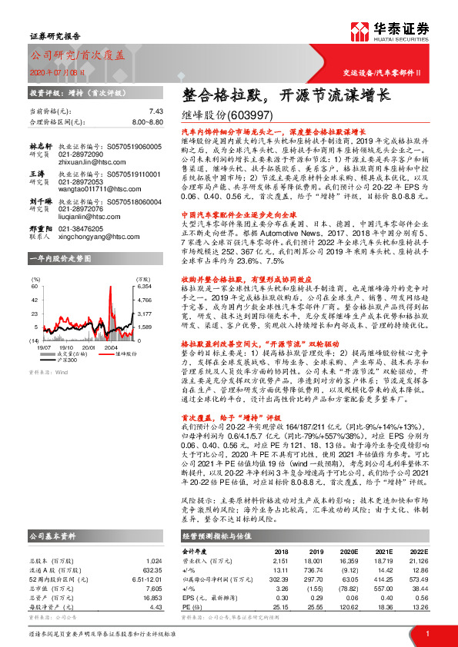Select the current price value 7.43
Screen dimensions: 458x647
pyautogui.click(x=156, y=111)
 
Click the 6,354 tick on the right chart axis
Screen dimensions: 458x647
pyautogui.click(x=145, y=286)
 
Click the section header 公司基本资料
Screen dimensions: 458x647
pyautogui.click(x=52, y=534)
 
